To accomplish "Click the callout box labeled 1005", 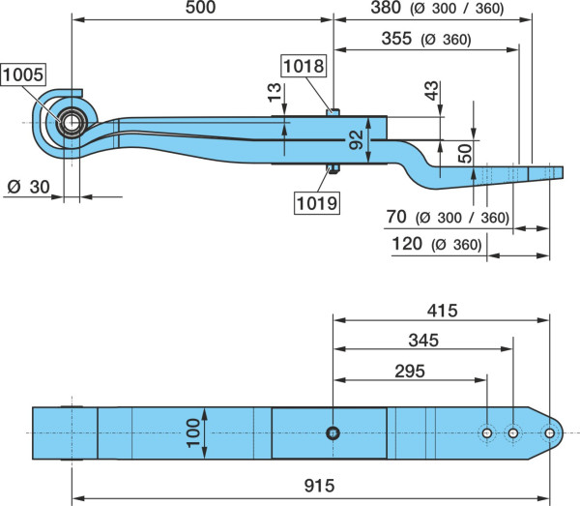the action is tap(23, 74).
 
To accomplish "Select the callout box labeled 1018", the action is tap(304, 66).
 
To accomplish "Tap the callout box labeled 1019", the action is tap(317, 203).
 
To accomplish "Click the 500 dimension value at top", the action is tap(200, 8).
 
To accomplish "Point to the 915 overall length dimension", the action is tap(320, 486).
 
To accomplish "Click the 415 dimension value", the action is tap(443, 311).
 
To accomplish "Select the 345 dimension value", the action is tap(423, 341).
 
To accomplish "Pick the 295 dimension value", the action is tap(410, 372).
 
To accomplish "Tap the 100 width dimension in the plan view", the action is tap(192, 433).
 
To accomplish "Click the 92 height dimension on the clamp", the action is tap(357, 140).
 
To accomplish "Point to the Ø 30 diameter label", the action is tap(28, 187).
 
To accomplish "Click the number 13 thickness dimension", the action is tap(275, 93).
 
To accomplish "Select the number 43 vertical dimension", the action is tap(431, 91).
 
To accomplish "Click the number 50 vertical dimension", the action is tap(465, 154).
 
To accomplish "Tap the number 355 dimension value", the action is tap(396, 39).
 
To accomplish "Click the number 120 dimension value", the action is tap(407, 244).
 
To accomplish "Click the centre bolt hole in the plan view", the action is tap(333, 433).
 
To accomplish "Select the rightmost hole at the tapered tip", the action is tap(550, 433).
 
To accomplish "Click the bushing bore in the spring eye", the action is tap(71, 123).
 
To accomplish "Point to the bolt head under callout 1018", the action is tap(333, 112).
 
